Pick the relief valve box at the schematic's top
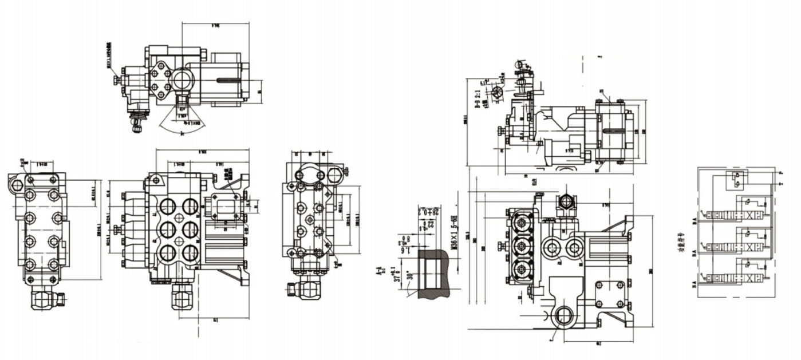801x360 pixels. [x=735, y=180]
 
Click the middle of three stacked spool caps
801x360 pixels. [x=522, y=247]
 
